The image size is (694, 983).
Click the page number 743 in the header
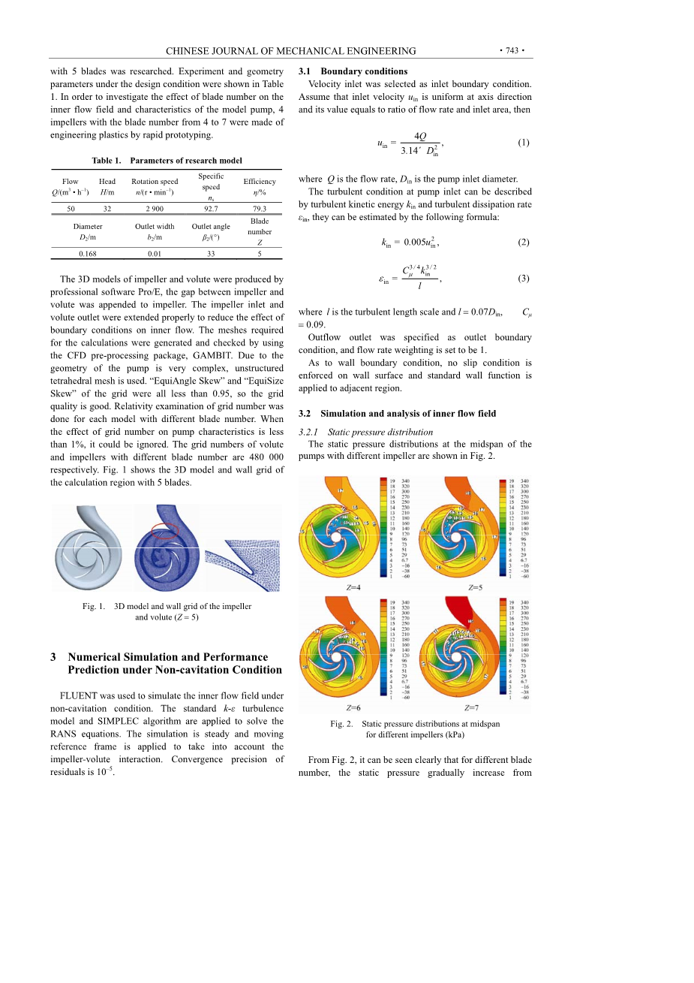(x=512, y=51)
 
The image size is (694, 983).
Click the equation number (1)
(x=523, y=142)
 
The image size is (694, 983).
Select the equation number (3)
(x=523, y=279)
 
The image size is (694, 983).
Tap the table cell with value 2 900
(x=155, y=209)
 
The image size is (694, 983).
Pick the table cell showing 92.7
(x=211, y=209)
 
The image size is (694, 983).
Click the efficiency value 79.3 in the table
(x=260, y=209)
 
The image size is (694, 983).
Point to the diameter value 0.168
(x=88, y=254)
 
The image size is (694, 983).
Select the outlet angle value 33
(x=211, y=254)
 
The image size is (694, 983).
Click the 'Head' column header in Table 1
(x=107, y=181)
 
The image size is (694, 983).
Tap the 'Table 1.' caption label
(x=107, y=161)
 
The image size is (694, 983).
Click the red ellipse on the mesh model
(x=165, y=531)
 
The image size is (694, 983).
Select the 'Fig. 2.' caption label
(x=341, y=724)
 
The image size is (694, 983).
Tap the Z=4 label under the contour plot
(x=353, y=587)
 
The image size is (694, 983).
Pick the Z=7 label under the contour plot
(x=471, y=707)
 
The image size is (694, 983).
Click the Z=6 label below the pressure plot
(x=353, y=707)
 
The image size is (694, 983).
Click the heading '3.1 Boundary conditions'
(x=353, y=71)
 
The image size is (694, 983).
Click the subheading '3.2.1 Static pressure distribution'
(x=365, y=432)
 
